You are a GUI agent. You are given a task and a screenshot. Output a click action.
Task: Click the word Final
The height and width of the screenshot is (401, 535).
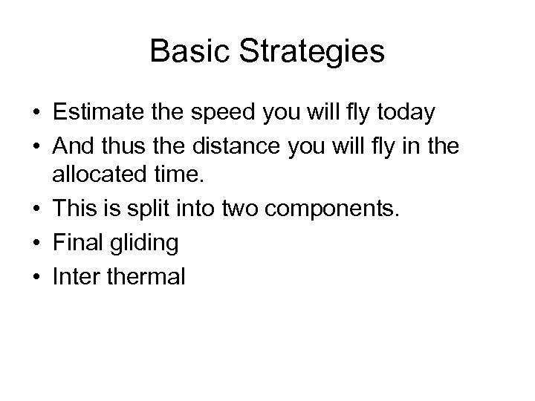77,242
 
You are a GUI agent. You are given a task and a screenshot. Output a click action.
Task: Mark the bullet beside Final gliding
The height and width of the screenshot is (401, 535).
36,243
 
